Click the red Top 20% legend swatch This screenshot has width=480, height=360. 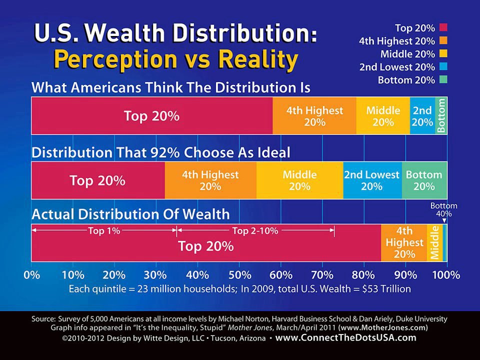(443, 28)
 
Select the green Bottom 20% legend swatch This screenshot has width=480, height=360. (443, 80)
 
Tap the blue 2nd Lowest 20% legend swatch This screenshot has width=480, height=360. (443, 67)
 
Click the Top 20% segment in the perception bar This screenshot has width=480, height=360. (151, 116)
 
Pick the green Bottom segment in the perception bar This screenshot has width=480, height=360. (441, 116)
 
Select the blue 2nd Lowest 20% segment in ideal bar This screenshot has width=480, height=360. (372, 180)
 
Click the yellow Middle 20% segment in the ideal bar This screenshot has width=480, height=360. (299, 180)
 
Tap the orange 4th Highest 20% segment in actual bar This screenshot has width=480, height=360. (404, 243)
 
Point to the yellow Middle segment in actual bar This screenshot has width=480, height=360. (434, 243)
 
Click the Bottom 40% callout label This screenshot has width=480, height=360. (443, 209)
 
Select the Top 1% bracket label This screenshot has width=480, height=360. (103, 231)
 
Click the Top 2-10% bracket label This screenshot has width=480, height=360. (255, 231)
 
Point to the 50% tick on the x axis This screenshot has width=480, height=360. (239, 275)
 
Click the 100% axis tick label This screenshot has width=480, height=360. (446, 275)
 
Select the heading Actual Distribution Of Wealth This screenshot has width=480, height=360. (130, 215)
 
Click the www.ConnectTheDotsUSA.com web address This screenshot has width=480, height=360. (345, 338)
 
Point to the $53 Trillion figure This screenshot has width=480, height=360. (380, 288)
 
